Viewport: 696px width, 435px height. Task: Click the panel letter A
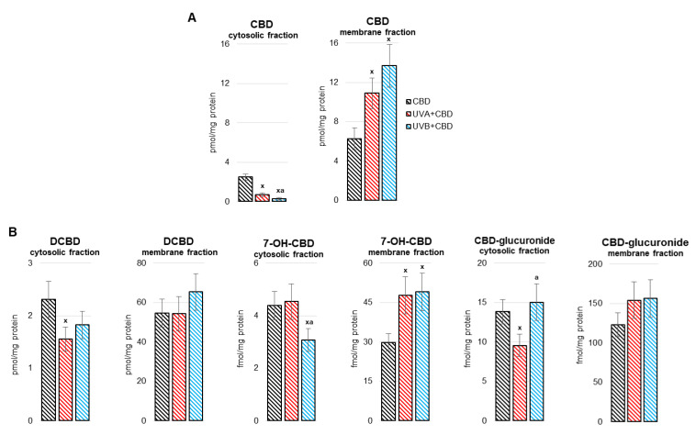(191, 17)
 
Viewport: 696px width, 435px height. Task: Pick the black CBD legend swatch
(410, 100)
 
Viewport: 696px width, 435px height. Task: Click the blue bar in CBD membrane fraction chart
(390, 132)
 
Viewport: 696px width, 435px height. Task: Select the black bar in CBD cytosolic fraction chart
(245, 188)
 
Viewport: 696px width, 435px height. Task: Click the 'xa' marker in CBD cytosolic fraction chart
(279, 191)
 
